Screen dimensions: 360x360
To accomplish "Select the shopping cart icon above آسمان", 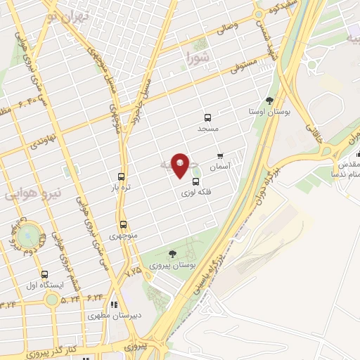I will click(x=221, y=155).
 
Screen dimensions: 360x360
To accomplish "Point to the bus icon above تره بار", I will click(x=122, y=177).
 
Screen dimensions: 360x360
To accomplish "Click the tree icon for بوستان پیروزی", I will click(x=173, y=253).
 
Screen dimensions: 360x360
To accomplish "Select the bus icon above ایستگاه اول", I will click(x=45, y=274).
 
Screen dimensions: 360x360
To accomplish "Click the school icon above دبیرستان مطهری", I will click(x=113, y=304).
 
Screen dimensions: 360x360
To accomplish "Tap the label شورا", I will click(x=198, y=56).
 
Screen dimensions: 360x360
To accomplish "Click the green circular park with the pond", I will click(x=27, y=233).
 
